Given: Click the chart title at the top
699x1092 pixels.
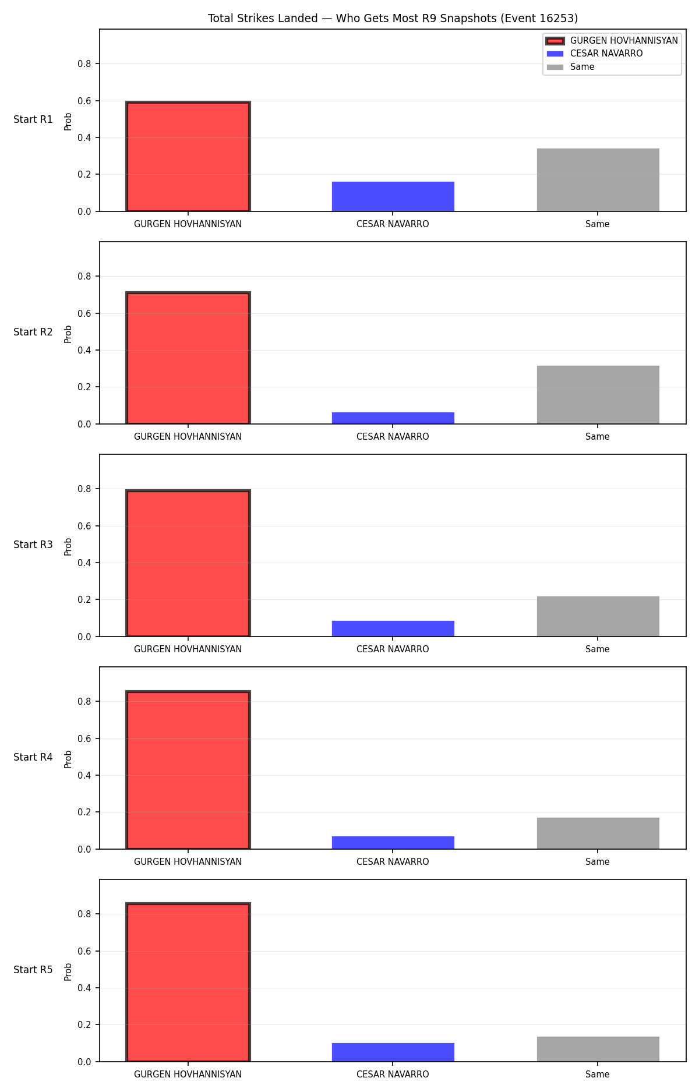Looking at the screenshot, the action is coord(393,19).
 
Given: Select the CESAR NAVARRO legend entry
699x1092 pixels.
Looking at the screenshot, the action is coord(594,54).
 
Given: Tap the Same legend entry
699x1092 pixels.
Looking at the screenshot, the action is coord(570,67).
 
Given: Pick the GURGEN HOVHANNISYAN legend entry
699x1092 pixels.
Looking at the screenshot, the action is coord(612,41).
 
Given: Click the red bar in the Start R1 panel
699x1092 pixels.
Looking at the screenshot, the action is coord(188,157).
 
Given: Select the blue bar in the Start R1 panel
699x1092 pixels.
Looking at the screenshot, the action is coord(393,196).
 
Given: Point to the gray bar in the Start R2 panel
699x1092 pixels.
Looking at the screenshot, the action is coord(598,395).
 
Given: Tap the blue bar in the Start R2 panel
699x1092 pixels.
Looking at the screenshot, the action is coord(393,418).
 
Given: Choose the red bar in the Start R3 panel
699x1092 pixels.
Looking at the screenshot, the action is coord(188,563).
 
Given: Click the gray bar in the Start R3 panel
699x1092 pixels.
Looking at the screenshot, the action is coord(598,616).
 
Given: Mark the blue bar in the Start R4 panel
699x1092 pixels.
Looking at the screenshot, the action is coord(393,843).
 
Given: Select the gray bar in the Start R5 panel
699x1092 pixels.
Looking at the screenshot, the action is coord(598,1049).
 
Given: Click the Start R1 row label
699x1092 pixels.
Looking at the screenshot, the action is coord(33,119).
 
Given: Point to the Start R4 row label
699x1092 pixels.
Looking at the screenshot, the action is coord(33,757).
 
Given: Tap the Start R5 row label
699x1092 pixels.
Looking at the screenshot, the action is coord(33,970).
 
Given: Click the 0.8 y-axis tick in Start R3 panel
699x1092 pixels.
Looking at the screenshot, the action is coord(84,489).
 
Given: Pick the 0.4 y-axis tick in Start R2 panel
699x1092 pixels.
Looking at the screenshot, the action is coord(84,351).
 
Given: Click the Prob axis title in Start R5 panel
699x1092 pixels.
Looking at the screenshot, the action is coord(68,972).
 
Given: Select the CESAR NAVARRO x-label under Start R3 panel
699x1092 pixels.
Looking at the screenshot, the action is coord(393,649).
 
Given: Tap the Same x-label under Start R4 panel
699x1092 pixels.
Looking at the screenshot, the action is coord(598,862).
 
